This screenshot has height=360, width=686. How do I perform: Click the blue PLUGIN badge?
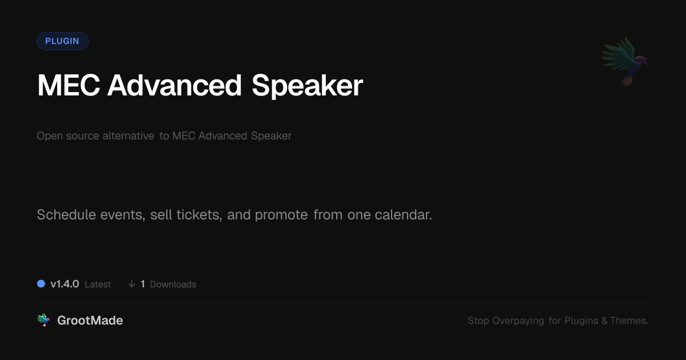[62, 41]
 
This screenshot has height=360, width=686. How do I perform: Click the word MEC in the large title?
[69, 85]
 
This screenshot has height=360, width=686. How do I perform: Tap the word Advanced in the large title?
[174, 85]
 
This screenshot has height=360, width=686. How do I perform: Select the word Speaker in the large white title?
[307, 86]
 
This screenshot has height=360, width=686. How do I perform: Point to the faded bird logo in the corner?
[624, 62]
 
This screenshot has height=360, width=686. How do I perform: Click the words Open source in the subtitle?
[67, 136]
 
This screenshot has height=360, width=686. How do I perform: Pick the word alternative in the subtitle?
[128, 135]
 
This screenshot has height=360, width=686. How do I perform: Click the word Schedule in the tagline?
[66, 215]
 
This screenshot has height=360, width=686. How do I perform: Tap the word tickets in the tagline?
[199, 215]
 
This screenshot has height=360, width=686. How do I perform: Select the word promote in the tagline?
[281, 215]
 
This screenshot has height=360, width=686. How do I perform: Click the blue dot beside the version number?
[41, 284]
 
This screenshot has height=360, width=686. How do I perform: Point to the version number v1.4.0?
[65, 284]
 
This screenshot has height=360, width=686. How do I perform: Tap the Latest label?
[98, 285]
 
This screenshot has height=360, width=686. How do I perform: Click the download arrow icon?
[131, 284]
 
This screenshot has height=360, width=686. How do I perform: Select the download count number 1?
[143, 284]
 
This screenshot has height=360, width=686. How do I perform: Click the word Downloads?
[173, 285]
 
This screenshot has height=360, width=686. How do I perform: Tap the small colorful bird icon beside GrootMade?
[43, 320]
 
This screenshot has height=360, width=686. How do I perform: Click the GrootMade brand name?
[90, 321]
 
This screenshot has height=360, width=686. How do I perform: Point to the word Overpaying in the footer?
[518, 321]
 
